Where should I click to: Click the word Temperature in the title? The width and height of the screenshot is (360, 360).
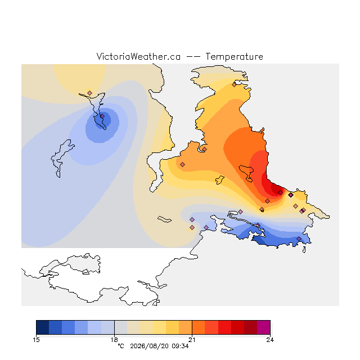[234, 56]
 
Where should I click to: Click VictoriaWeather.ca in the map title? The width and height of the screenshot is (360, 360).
[138, 56]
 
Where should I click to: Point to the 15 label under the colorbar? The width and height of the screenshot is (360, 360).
[36, 340]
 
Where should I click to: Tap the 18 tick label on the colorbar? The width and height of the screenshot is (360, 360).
[114, 340]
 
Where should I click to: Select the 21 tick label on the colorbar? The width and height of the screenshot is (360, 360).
[192, 340]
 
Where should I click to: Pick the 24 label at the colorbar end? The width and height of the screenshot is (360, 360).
[270, 340]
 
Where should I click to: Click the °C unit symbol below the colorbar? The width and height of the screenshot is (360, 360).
[121, 346]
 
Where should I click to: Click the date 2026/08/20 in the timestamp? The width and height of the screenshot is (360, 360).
[150, 346]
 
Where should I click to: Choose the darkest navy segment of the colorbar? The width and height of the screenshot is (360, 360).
[43, 327]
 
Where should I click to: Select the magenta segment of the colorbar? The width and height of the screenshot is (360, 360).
[264, 327]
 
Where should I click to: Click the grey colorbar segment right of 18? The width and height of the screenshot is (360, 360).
[121, 327]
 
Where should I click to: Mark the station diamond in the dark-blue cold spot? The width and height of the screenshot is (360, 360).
[102, 116]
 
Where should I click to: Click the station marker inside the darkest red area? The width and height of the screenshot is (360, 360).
[280, 192]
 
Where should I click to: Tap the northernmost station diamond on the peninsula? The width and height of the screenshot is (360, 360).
[234, 85]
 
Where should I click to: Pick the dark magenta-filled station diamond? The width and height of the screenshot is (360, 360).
[291, 195]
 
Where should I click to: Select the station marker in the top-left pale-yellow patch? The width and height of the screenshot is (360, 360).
[90, 93]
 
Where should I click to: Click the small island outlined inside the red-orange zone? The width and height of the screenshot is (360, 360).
[247, 173]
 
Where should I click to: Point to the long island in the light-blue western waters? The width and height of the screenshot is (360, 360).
[61, 158]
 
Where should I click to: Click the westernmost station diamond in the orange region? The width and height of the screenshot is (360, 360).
[182, 164]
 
